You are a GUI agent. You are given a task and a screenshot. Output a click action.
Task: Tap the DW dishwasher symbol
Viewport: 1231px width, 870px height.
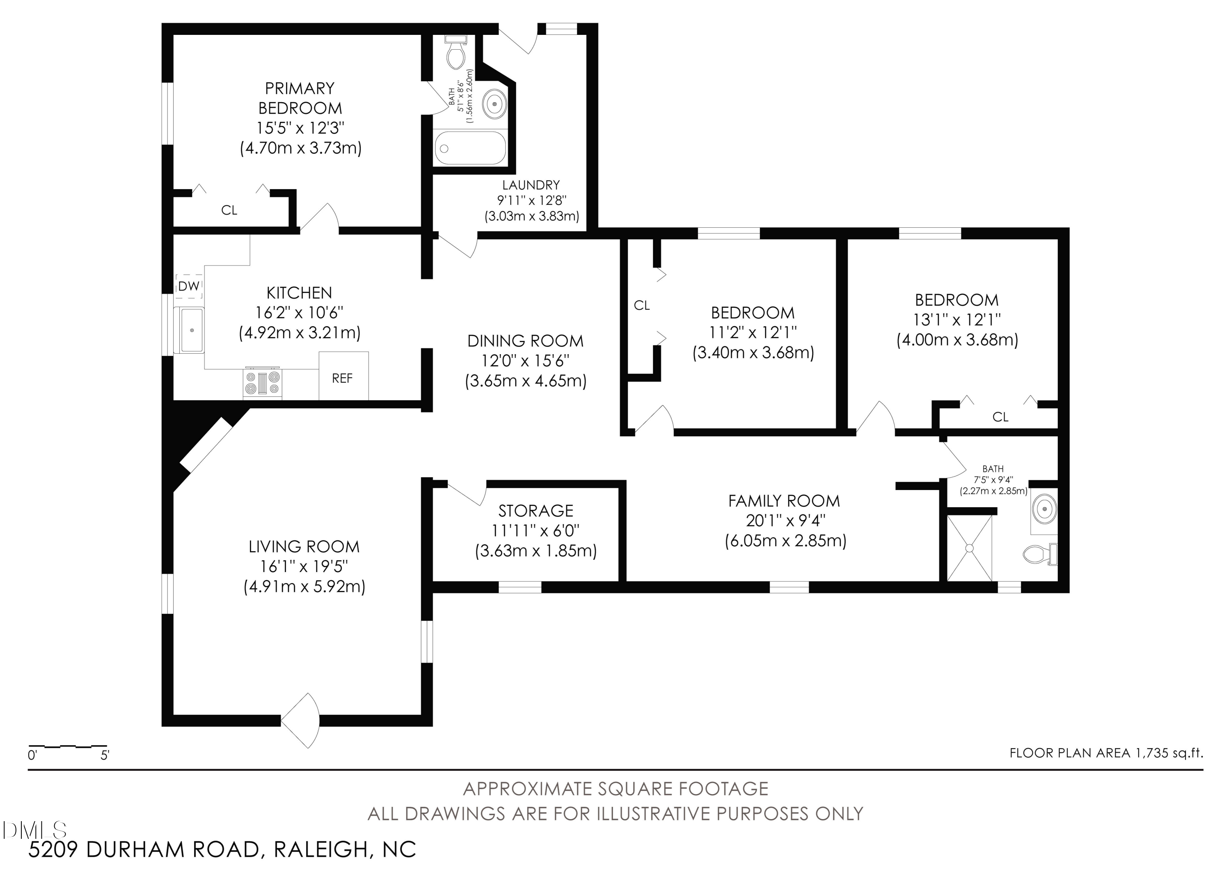pyautogui.click(x=189, y=286)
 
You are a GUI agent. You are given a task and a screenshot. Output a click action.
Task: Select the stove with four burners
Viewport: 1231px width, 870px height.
pyautogui.click(x=263, y=383)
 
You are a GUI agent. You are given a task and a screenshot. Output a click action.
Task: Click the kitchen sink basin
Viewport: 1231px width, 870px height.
pyautogui.click(x=189, y=330)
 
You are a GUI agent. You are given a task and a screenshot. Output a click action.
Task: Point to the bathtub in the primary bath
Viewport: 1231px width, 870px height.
pyautogui.click(x=470, y=148)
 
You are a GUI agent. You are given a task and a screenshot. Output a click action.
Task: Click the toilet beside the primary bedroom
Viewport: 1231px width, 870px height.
pyautogui.click(x=456, y=53)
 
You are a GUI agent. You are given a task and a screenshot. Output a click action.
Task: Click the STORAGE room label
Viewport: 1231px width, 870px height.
pyautogui.click(x=535, y=511)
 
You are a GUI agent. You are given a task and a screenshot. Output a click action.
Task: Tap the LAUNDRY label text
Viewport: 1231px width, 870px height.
pyautogui.click(x=531, y=185)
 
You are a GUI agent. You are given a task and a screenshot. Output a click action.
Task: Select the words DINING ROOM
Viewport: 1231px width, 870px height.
pyautogui.click(x=525, y=341)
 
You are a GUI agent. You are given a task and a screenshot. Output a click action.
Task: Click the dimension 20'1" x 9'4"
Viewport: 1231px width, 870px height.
pyautogui.click(x=785, y=520)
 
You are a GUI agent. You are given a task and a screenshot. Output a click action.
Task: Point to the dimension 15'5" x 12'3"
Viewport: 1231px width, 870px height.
pyautogui.click(x=300, y=128)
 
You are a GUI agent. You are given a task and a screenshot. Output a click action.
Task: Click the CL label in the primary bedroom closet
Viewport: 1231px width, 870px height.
pyautogui.click(x=229, y=210)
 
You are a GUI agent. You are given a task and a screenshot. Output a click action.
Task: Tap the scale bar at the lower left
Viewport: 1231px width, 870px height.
pyautogui.click(x=68, y=746)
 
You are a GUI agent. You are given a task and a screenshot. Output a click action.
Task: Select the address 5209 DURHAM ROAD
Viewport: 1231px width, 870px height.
pyautogui.click(x=144, y=849)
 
